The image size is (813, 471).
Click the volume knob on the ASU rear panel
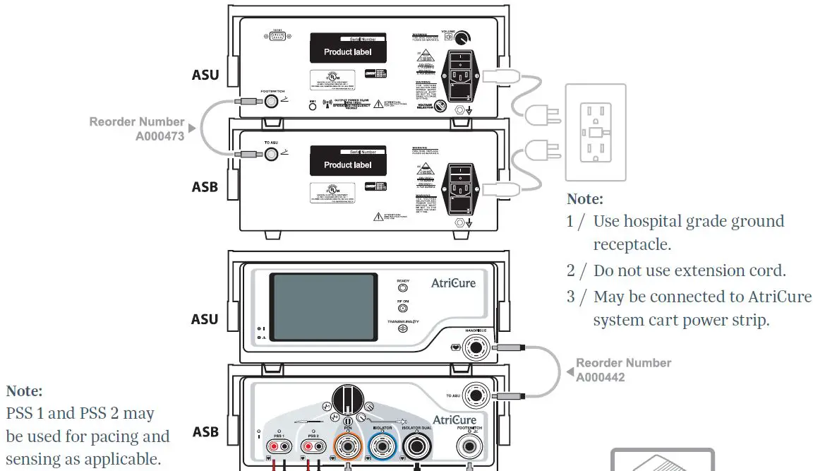point(464,38)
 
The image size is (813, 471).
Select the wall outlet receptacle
point(595,132)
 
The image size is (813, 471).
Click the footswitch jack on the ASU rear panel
point(272,102)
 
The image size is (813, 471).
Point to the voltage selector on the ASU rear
point(440,107)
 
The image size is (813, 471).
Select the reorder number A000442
point(600,377)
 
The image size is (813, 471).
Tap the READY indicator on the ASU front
point(403,288)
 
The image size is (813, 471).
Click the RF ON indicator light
point(403,308)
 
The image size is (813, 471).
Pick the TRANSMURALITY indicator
point(403,328)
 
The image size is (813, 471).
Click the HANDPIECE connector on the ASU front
point(476,347)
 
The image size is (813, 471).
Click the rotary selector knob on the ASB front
point(348,402)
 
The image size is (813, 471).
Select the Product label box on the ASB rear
point(347,165)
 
